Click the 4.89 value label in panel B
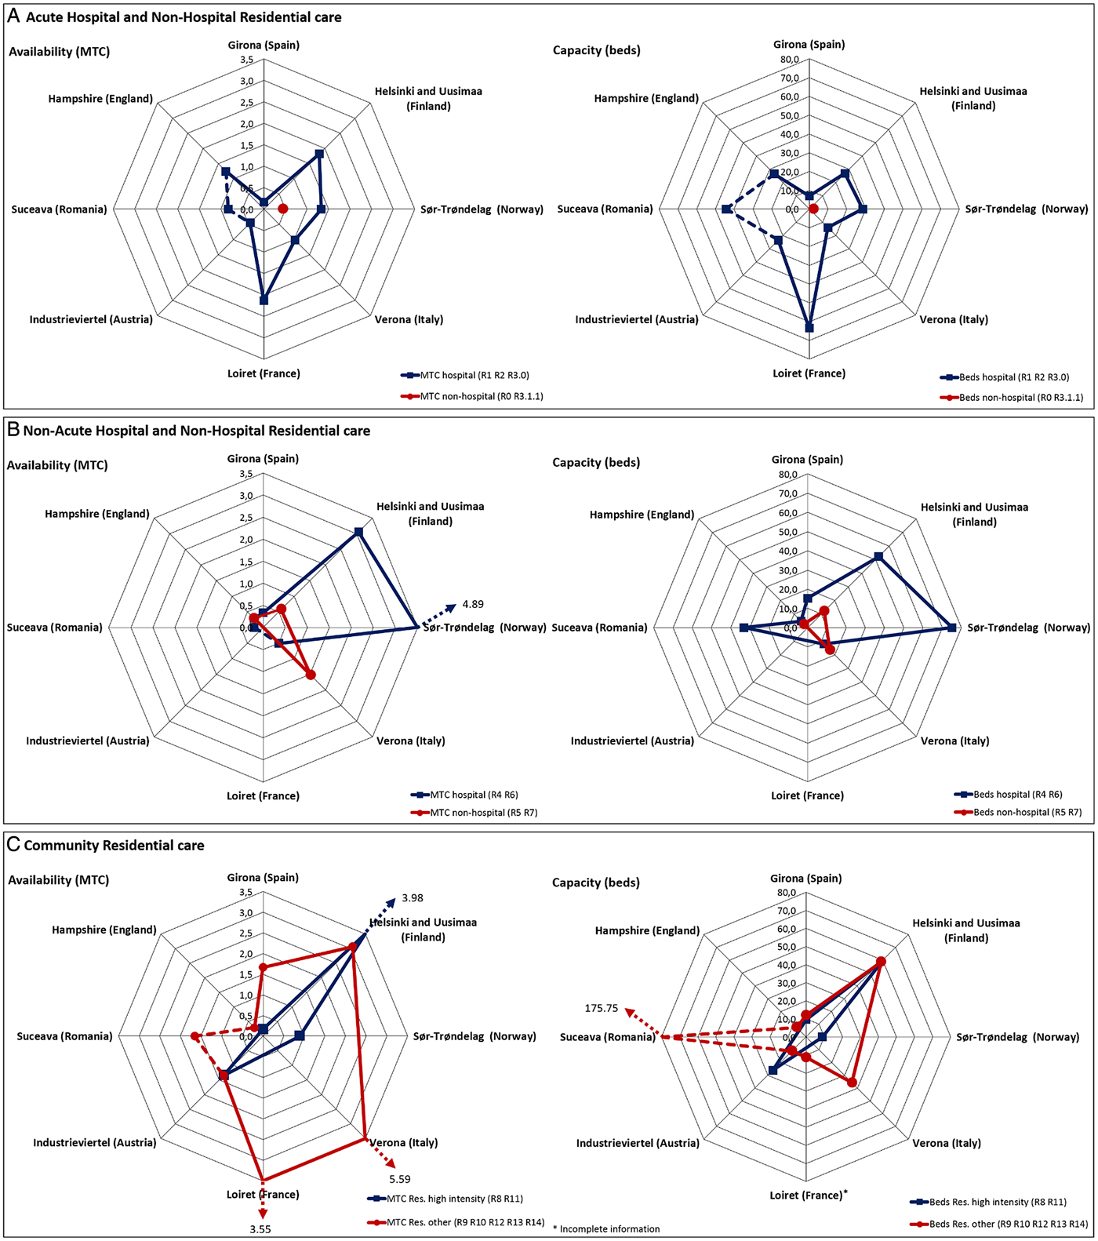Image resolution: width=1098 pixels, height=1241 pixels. point(473,604)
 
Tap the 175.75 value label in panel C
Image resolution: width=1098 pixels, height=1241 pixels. point(602,1008)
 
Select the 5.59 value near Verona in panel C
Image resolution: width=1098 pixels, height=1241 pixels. point(400,1179)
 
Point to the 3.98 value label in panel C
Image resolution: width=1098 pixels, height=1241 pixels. point(413,898)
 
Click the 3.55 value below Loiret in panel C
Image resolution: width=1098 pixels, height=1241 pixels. point(260,1229)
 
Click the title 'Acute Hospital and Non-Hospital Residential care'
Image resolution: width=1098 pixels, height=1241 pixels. point(184,17)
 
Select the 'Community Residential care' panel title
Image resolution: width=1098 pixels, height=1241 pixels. point(114,846)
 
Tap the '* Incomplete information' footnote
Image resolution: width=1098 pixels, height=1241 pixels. point(606,1229)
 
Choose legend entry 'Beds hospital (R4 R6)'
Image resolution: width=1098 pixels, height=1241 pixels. point(1017,795)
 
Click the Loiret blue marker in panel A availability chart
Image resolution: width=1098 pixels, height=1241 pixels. point(264,300)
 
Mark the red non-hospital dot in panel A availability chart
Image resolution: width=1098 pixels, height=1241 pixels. point(283,209)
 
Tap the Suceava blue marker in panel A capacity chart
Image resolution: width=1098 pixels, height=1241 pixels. point(726,209)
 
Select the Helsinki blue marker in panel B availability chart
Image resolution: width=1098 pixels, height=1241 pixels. point(358,532)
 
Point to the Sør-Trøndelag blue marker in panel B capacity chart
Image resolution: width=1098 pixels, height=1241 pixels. point(952,628)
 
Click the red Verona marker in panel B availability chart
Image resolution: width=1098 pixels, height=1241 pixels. point(311,675)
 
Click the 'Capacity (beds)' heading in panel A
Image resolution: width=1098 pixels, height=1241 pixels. point(596,50)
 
